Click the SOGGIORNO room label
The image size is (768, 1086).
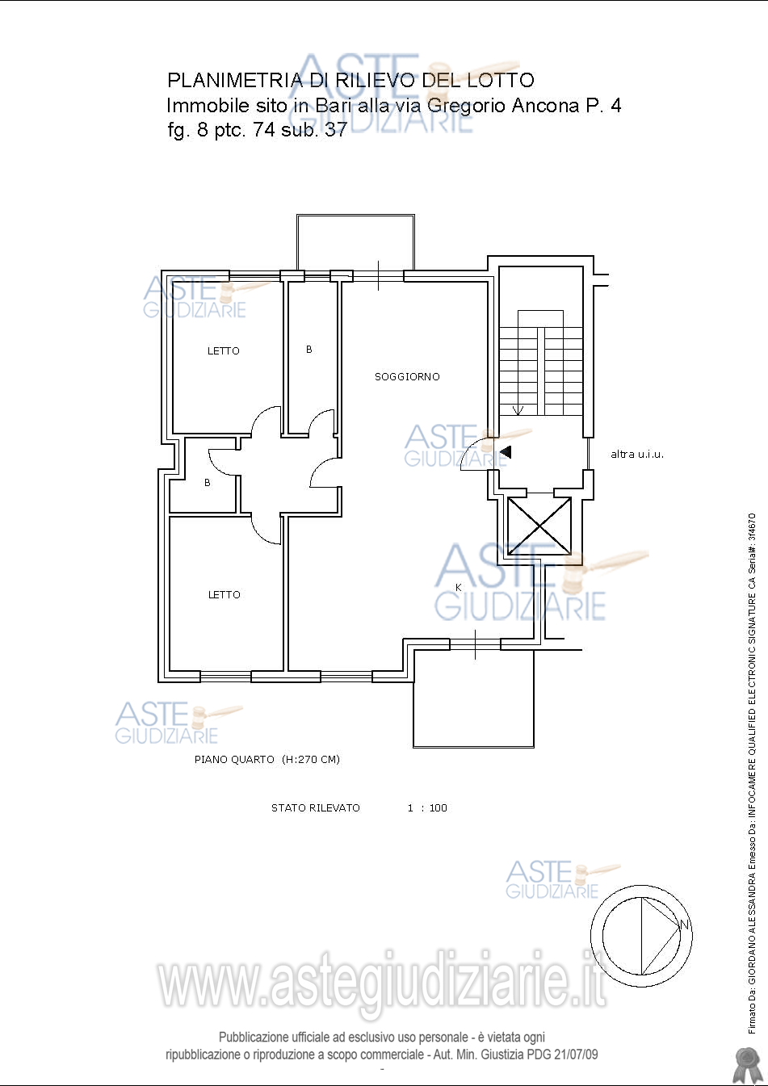pos(407,377)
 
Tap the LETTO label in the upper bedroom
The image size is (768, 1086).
pos(224,351)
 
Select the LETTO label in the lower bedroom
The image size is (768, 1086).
pos(224,595)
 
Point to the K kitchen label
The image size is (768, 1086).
pos(458,588)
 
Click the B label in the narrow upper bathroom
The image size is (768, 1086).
pos(308,349)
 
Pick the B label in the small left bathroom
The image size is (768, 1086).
pos(207,482)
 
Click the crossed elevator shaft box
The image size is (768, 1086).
pos(539,526)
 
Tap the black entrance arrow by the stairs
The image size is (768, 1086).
pos(506,452)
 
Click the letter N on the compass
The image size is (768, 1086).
pos(684,924)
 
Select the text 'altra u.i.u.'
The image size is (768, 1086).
pos(637,455)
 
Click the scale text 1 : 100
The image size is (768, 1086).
pos(427,807)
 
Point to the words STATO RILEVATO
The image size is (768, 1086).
pos(316,807)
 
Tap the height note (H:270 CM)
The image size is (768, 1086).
pos(311,759)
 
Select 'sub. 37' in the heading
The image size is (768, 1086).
pos(313,129)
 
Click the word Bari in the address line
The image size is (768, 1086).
pos(334,105)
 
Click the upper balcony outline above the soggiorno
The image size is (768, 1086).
pos(355,215)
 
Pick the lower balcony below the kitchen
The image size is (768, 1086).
pos(474,747)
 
